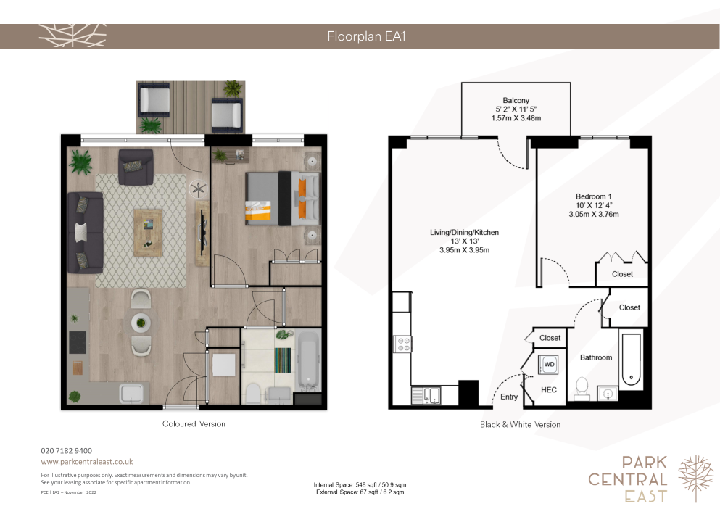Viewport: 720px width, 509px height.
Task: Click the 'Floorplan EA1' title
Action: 366,36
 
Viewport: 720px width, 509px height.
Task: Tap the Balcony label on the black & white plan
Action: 516,101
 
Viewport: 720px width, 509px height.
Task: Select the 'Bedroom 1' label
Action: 593,196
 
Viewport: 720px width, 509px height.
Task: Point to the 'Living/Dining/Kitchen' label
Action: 464,233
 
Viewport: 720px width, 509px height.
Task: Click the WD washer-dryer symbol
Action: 549,364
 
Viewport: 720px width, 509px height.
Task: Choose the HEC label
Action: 549,390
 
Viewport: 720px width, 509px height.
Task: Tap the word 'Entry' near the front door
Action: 509,397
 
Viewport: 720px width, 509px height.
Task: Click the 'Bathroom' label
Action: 596,357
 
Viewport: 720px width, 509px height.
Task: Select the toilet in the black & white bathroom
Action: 582,388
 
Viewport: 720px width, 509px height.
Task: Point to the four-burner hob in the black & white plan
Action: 403,344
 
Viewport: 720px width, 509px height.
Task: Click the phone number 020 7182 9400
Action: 67,451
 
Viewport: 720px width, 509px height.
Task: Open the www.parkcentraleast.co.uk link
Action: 87,462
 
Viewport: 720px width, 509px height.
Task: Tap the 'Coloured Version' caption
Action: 194,424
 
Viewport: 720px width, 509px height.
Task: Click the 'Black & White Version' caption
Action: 521,425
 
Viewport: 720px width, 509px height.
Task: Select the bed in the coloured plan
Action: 282,199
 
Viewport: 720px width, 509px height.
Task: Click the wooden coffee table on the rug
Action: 148,233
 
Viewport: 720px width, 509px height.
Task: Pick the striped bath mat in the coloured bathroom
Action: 283,360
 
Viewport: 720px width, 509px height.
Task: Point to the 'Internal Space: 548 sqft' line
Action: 360,484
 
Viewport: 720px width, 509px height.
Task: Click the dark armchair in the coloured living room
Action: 136,167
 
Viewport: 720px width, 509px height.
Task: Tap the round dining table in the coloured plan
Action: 141,323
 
